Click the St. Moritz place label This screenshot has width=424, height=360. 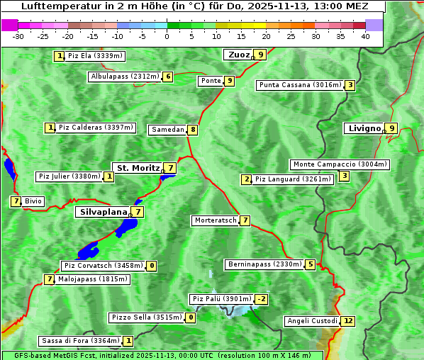(138, 168)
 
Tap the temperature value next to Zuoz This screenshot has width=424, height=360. (261, 55)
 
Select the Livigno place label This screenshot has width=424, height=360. (364, 128)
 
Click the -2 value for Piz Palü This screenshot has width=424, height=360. (262, 299)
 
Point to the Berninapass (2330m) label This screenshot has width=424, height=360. (264, 264)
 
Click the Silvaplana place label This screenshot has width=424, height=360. (103, 211)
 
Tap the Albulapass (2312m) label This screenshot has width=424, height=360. (124, 77)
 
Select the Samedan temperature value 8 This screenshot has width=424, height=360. (192, 130)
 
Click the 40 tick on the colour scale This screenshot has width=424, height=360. (365, 36)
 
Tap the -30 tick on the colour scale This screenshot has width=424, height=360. (18, 36)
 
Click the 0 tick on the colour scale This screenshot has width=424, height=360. (167, 36)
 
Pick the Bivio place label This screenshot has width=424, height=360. (33, 201)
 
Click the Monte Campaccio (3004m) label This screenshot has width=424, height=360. (340, 164)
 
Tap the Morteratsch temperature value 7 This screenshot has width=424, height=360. (245, 220)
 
